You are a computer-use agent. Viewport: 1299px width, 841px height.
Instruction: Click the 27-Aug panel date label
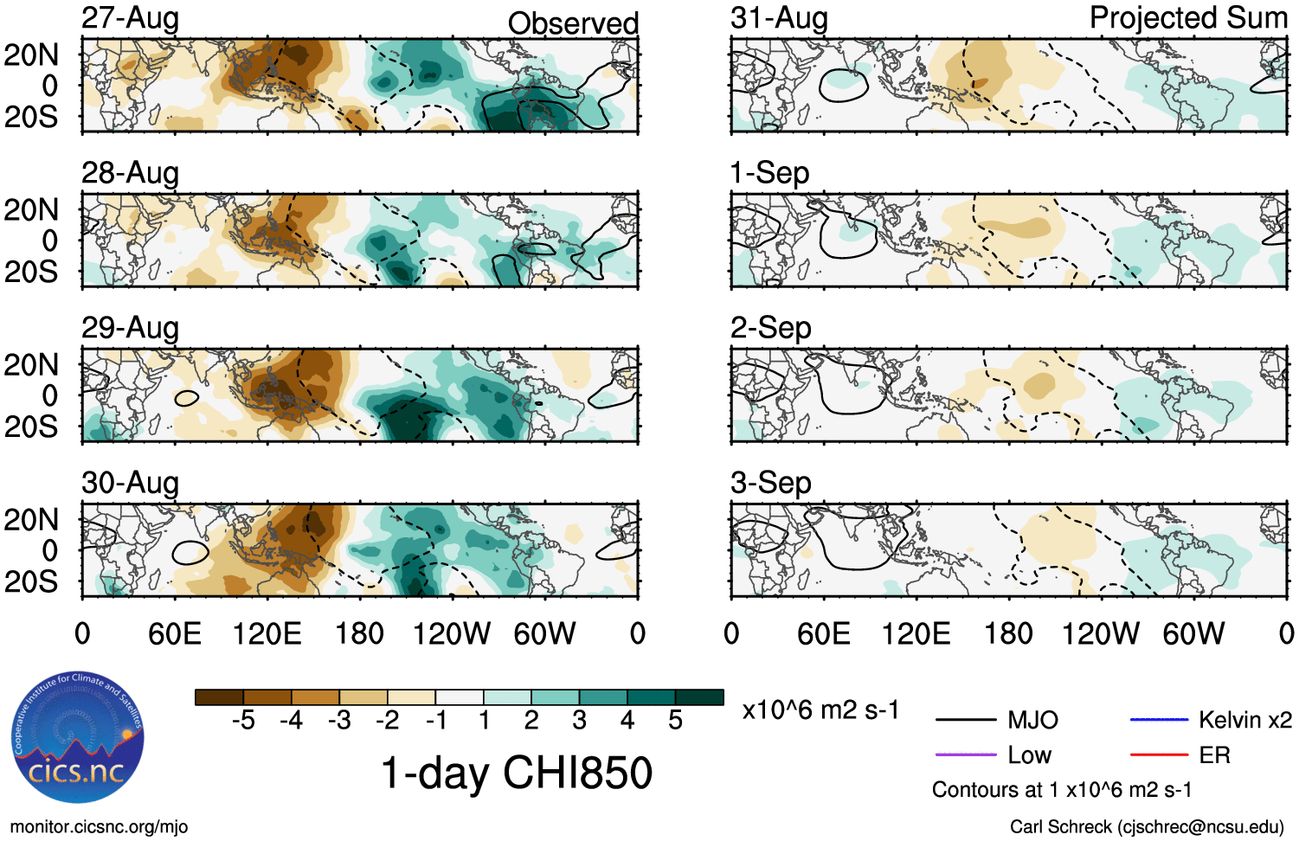130,18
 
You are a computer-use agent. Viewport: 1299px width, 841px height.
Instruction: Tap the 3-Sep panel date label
770,483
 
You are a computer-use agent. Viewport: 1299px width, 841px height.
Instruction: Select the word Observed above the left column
573,23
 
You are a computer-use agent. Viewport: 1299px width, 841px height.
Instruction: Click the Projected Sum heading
1187,18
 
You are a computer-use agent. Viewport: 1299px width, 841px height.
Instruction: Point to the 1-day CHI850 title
516,772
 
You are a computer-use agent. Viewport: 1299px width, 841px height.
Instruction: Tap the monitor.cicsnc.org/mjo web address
99,827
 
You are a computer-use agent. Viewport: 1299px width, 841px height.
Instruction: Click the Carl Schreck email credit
1147,827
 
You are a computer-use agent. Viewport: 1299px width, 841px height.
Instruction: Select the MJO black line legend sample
965,720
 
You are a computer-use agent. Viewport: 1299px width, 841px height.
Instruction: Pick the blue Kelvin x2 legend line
1159,720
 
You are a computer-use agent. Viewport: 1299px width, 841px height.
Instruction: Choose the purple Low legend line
965,755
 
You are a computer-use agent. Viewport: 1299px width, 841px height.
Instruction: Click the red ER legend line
1159,755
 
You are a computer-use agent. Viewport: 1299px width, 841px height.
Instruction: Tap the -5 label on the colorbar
243,721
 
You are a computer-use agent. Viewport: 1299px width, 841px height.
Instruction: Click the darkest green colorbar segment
699,697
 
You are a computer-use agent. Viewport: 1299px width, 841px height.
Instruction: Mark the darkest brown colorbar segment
219,697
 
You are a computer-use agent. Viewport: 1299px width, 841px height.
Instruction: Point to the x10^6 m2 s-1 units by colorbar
820,710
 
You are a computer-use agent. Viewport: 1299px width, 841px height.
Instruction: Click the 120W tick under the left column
452,633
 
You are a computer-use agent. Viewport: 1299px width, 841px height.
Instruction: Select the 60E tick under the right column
823,633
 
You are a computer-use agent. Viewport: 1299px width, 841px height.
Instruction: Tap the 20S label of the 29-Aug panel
31,427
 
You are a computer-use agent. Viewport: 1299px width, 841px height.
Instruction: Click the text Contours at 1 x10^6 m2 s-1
1061,790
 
